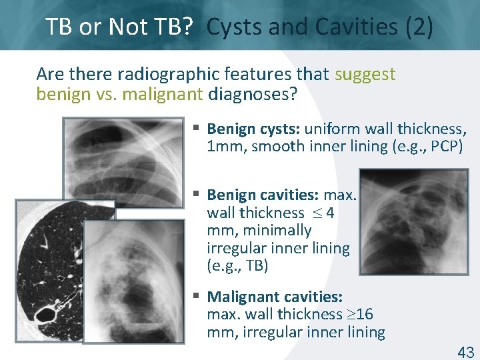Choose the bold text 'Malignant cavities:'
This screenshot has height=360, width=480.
click(x=275, y=296)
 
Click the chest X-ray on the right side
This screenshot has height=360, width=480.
click(x=413, y=222)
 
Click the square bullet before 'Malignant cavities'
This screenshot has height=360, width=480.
click(x=197, y=295)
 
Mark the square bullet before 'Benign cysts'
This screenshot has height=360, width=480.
click(x=197, y=127)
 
